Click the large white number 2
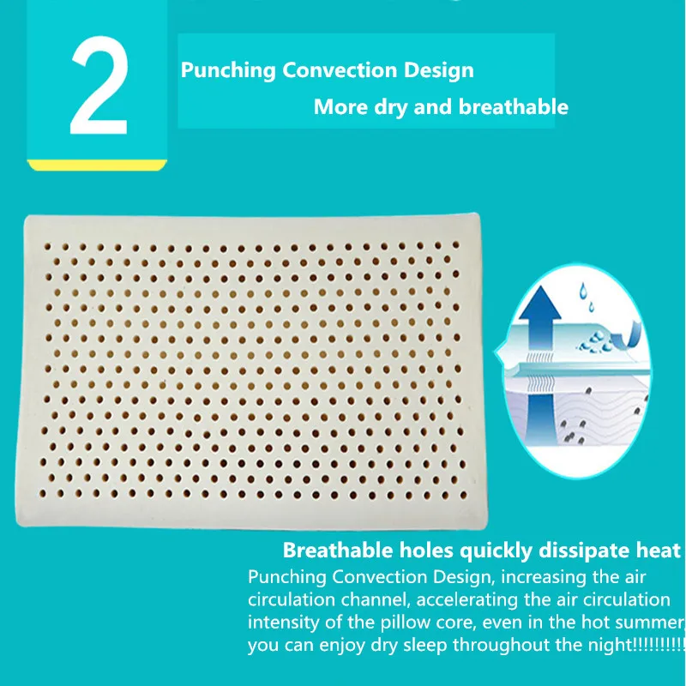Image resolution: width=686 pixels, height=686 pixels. [x=99, y=86]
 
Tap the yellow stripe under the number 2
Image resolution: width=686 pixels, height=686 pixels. [x=97, y=165]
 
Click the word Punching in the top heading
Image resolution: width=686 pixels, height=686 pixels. [x=228, y=70]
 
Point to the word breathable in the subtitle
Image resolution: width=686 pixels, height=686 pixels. [x=514, y=106]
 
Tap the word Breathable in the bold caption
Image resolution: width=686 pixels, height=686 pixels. [x=338, y=550]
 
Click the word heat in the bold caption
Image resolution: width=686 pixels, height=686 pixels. [x=659, y=550]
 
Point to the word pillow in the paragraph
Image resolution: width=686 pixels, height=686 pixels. [x=406, y=623]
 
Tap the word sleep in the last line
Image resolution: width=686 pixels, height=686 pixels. [x=427, y=646]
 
